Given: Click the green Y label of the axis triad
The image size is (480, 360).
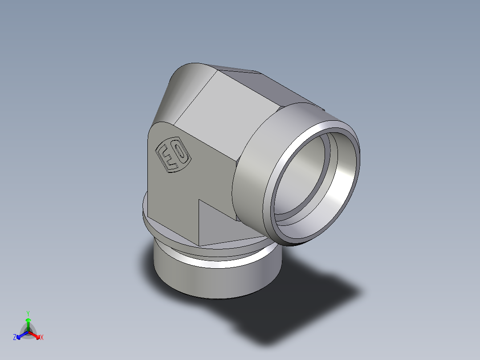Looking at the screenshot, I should (28, 313).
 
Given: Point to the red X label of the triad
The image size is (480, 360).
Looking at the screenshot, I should (42, 338).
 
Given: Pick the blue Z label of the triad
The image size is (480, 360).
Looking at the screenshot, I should (15, 338).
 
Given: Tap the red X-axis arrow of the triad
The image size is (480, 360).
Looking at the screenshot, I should (35, 335).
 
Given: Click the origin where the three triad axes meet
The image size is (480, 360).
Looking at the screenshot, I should (28, 332).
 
